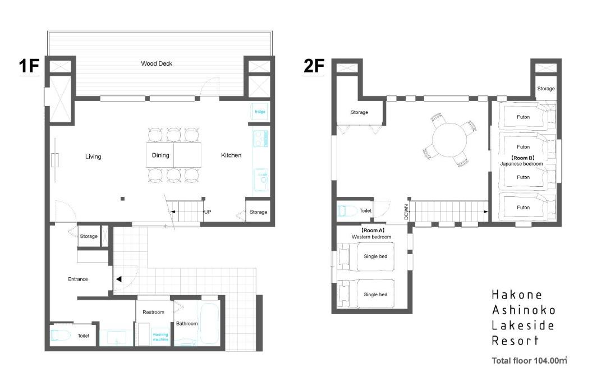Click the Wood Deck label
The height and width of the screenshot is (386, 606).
click(x=157, y=63)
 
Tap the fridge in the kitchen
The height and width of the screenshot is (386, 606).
click(x=260, y=112)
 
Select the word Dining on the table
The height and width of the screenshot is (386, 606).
click(x=160, y=155)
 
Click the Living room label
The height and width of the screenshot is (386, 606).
click(x=93, y=157)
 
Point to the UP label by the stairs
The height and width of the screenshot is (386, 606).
click(x=208, y=212)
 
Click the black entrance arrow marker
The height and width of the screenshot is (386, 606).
click(x=118, y=279)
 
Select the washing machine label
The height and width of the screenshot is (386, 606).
click(x=160, y=337)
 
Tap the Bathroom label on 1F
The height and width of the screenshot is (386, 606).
click(x=187, y=323)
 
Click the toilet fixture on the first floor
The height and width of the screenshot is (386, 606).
click(x=60, y=335)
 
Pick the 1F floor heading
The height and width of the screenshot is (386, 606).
click(x=29, y=66)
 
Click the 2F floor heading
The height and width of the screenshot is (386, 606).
click(x=314, y=66)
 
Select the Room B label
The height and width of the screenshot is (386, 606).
click(x=523, y=158)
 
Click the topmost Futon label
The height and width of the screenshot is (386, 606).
click(x=524, y=117)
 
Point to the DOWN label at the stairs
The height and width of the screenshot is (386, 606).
click(x=406, y=212)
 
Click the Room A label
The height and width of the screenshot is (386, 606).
click(x=373, y=230)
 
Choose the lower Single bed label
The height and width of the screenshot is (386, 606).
click(x=375, y=295)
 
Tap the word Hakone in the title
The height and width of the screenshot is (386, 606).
click(x=517, y=295)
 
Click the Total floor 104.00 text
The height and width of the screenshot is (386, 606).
click(x=529, y=361)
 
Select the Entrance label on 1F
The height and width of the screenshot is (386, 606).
click(x=77, y=279)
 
